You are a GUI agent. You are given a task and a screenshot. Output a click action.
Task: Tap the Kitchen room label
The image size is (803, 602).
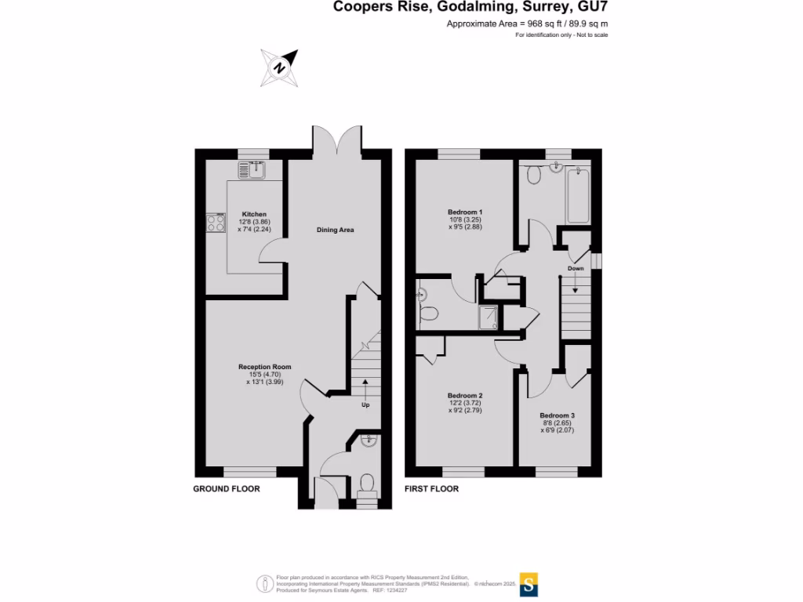tap(254, 214)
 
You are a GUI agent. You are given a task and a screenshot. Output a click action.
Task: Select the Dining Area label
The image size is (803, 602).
tap(336, 230)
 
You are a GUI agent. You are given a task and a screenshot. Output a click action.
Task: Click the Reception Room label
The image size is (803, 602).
tap(265, 367)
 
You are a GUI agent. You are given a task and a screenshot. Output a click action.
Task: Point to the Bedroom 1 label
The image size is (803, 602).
tap(465, 212)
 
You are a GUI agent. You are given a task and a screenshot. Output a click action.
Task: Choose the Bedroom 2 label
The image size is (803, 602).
tap(465, 395)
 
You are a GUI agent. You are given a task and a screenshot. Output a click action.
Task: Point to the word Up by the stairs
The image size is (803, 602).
tap(365, 405)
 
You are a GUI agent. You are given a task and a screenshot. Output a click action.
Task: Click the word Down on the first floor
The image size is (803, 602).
tap(576, 268)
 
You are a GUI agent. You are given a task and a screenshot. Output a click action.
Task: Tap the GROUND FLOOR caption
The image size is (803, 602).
tap(227, 489)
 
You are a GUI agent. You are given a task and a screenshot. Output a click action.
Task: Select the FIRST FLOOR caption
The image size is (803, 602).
tap(431, 489)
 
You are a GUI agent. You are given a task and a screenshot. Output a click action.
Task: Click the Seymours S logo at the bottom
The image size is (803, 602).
tap(530, 583)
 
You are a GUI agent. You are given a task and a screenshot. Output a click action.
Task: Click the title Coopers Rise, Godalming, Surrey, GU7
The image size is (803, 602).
tap(471, 7)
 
